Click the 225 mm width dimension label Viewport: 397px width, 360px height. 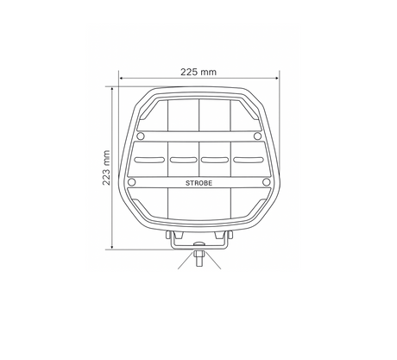tap(198, 72)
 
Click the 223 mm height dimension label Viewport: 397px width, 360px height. tap(106, 167)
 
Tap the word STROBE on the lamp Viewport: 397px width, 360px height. tap(198, 183)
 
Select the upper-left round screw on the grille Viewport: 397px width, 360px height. tap(141, 136)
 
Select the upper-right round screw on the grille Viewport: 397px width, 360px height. tap(257, 136)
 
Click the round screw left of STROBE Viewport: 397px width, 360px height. tap(132, 182)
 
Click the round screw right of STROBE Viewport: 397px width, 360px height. tap(267, 182)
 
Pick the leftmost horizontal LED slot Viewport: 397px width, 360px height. tap(150, 160)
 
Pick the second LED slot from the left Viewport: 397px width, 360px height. tap(183, 160)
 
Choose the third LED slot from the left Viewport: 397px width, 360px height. tap(215, 160)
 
